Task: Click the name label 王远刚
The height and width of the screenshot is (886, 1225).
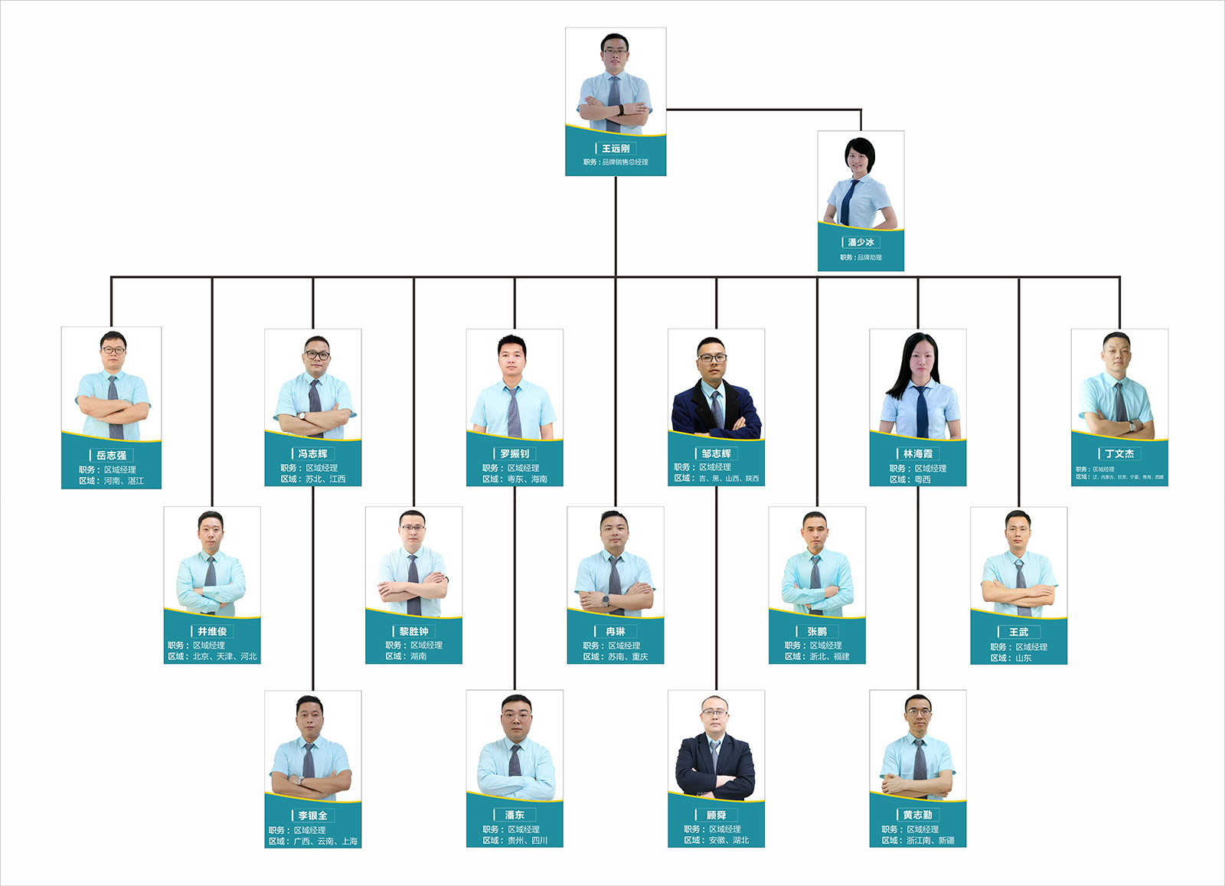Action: tap(616, 149)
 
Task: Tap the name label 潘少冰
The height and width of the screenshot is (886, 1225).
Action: tap(861, 242)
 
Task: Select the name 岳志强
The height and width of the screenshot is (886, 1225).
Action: tap(111, 455)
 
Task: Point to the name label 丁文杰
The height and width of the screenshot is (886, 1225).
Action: tap(1119, 453)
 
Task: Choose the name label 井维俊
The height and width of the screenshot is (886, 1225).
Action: tap(212, 631)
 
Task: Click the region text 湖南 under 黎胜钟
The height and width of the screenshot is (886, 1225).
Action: tap(418, 656)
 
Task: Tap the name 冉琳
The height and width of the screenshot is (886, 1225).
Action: tap(616, 631)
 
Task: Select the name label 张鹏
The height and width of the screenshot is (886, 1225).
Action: tap(817, 631)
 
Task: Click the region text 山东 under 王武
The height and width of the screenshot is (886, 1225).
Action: tap(1023, 658)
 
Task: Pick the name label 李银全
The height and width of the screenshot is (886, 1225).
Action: tap(312, 816)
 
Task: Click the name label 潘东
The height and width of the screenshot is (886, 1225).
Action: tap(514, 815)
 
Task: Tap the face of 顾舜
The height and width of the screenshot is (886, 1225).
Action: tap(715, 717)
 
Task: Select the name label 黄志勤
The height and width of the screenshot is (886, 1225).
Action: tap(917, 815)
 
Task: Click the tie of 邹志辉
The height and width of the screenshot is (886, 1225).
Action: tap(717, 410)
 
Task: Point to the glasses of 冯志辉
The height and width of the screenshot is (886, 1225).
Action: tap(316, 355)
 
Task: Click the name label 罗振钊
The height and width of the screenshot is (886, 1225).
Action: tap(514, 453)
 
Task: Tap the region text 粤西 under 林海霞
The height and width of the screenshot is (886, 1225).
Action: tap(923, 479)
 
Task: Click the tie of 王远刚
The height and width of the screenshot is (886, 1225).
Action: tap(614, 100)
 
